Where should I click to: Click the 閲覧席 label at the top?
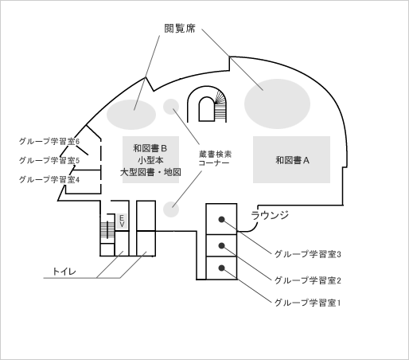180,29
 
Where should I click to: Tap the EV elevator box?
122,221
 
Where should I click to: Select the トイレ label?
64,272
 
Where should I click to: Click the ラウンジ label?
270,215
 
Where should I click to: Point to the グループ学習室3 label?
308,254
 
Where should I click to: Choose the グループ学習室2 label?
308,280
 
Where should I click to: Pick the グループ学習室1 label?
308,303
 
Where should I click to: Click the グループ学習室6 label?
49,141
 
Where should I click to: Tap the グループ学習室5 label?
49,160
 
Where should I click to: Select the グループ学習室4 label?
49,180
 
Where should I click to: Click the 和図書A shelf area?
291,159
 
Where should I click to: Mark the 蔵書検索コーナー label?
214,158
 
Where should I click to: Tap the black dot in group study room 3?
222,219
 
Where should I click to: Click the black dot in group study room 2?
222,246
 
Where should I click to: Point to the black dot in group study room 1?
222,268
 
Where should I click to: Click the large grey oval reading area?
277,104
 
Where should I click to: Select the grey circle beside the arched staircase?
171,107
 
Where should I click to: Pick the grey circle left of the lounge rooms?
171,209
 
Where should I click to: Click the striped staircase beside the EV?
107,230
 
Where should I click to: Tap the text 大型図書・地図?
150,172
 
